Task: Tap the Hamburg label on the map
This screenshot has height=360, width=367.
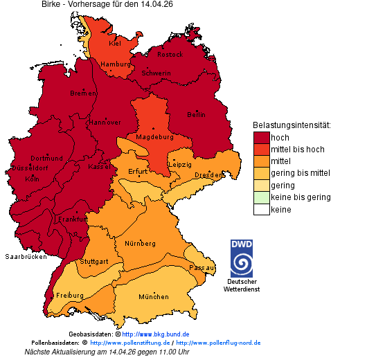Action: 116,64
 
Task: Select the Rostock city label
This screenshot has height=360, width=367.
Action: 170,54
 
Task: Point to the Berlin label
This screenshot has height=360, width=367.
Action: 197,114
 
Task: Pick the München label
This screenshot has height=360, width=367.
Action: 153,296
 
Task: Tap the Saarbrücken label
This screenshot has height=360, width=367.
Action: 26,256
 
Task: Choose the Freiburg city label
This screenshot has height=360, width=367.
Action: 69,296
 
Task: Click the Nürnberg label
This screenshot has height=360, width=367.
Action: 140,244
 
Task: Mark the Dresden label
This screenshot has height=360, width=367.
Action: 208,175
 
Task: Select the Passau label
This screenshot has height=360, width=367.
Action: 202,267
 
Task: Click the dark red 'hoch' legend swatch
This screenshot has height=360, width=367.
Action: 261,138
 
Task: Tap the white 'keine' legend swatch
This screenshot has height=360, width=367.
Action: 261,209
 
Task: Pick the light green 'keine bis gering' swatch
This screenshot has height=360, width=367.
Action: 261,197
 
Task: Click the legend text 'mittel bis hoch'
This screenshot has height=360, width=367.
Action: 297,150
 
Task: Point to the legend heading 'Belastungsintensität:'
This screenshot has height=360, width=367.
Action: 292,125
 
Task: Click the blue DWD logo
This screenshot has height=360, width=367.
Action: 242,258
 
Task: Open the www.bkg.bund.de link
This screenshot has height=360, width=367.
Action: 150,334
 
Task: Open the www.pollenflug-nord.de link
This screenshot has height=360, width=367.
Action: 218,343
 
